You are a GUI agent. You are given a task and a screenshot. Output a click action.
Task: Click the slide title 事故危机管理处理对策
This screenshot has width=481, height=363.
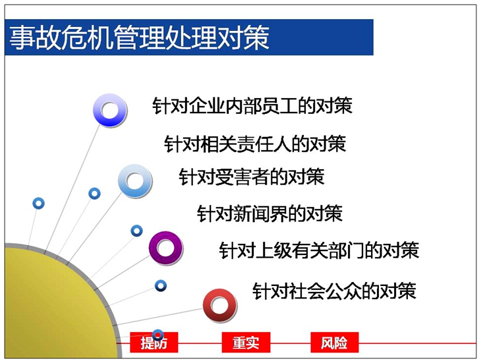coord(140,38)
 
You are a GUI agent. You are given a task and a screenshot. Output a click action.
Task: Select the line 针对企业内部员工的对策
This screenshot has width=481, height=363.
coord(252,106)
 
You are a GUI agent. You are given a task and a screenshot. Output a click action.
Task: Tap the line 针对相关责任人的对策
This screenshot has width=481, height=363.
coord(255,144)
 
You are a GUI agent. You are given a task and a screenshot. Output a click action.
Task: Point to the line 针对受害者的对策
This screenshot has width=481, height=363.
coord(252,177)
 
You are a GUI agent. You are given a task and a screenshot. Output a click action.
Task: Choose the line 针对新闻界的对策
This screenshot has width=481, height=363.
coord(269,213)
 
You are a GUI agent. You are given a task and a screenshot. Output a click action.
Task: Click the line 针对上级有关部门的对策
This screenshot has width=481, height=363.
coord(319,250)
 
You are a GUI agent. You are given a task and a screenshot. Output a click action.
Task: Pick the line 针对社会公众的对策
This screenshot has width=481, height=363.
coord(334,291)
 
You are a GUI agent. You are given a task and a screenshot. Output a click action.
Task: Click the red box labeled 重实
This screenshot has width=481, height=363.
coord(246,343)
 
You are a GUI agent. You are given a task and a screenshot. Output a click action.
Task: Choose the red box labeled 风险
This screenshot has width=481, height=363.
coord(334,343)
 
